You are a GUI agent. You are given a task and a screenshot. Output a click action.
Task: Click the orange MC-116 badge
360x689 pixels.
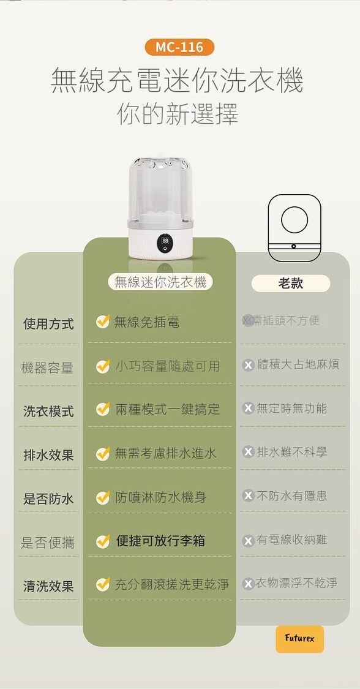point(179,47)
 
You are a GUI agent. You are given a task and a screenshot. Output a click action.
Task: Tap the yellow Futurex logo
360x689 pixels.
point(300,638)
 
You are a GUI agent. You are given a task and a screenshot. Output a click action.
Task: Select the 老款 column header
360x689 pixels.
point(291,284)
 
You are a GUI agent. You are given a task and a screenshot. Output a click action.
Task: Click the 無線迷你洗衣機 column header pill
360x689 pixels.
point(160,282)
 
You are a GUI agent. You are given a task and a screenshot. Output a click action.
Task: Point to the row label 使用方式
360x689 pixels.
point(48,324)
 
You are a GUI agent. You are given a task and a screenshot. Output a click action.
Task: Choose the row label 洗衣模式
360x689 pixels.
point(48,412)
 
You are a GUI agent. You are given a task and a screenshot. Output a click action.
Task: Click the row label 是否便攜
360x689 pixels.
point(47,543)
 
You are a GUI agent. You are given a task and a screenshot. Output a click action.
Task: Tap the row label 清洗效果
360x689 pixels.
point(48,586)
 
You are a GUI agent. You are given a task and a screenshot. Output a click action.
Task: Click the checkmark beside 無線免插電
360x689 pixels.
point(103,322)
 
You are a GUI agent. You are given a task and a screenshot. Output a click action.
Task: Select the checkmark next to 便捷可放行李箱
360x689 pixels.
point(103,541)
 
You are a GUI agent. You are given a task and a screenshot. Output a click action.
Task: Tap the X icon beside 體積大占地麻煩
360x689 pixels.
point(249,365)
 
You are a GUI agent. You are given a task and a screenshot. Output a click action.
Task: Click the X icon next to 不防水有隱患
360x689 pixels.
point(249,496)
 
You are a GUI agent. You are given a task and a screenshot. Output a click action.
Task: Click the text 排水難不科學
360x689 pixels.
point(292,452)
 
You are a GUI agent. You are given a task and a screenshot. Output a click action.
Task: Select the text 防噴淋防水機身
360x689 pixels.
point(160,497)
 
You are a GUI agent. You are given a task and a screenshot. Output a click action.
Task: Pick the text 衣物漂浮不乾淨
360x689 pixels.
point(296,583)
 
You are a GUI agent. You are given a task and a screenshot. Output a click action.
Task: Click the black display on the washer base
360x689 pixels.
point(165,244)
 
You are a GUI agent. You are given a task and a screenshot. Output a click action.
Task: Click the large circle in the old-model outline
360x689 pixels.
point(294,220)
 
